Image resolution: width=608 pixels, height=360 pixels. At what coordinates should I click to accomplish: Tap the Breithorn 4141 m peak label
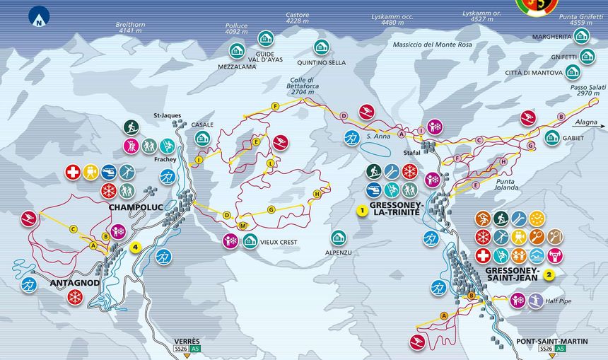(x=130, y=28)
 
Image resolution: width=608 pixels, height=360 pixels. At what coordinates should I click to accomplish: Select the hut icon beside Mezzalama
(x=237, y=50)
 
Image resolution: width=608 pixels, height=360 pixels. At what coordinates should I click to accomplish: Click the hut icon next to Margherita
(x=581, y=36)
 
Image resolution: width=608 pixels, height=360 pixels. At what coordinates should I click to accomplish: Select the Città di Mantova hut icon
(x=573, y=72)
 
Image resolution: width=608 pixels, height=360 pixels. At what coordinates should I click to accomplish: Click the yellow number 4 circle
(x=136, y=247)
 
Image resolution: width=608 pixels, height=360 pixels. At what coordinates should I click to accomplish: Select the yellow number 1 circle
(x=361, y=210)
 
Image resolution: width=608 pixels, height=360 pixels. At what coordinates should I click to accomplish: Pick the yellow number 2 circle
(x=549, y=276)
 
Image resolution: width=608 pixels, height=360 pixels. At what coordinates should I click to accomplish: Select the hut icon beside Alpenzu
(x=339, y=237)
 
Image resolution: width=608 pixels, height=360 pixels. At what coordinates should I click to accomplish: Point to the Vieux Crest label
(x=278, y=242)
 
